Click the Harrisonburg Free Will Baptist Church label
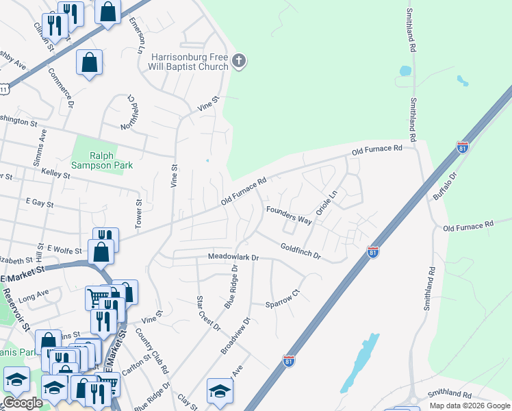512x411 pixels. [189, 62]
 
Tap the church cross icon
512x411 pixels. [239, 62]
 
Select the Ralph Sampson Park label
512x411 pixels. [102, 160]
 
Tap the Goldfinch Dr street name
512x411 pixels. [300, 250]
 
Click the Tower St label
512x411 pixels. [138, 214]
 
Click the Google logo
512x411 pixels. [23, 403]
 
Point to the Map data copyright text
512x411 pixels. [470, 406]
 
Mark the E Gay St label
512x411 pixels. [39, 203]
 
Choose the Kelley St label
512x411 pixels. [56, 175]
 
